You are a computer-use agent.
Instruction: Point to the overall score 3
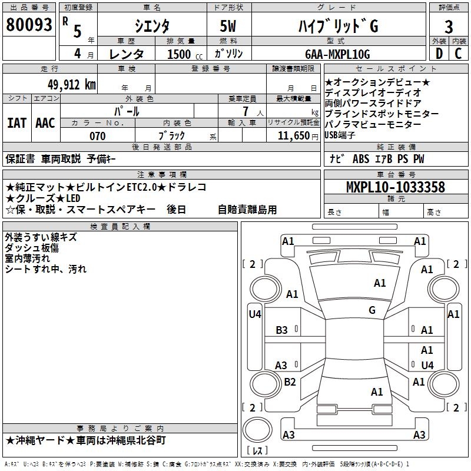tap(449, 26)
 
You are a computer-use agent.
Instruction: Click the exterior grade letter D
tap(439, 54)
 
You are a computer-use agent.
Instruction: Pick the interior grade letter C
tap(458, 54)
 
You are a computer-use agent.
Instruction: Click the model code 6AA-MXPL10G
tap(339, 54)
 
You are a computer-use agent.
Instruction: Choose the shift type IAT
tap(16, 123)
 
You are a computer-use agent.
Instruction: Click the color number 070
tap(97, 136)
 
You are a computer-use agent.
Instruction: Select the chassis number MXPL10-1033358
tap(395, 187)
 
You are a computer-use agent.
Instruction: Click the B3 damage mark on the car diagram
tap(282, 330)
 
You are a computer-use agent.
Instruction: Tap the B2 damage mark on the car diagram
tap(290, 382)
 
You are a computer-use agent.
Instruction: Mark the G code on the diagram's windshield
tap(372, 310)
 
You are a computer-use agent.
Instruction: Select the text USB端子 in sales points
tap(340, 135)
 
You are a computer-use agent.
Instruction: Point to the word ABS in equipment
tap(360, 159)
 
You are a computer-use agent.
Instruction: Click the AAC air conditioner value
tap(45, 123)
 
